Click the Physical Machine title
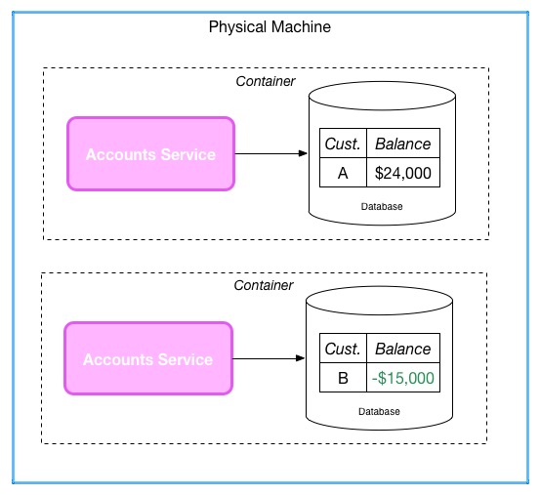coord(270,27)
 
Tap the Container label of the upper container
coord(266,81)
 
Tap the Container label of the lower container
coord(264,285)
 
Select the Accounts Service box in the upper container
coord(150,154)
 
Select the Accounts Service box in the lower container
coord(148,358)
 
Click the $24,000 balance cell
coord(403,173)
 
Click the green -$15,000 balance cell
coord(403,377)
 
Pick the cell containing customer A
coord(343,173)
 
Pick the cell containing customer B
coord(343,377)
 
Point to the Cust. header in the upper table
coord(343,144)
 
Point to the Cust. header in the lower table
coord(343,348)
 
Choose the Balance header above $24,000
coord(403,144)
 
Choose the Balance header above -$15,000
coord(403,348)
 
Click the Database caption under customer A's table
coord(382,207)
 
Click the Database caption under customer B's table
coord(379,411)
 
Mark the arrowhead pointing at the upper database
coord(303,153)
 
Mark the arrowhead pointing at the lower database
coord(301,358)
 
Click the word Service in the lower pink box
coord(186,359)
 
